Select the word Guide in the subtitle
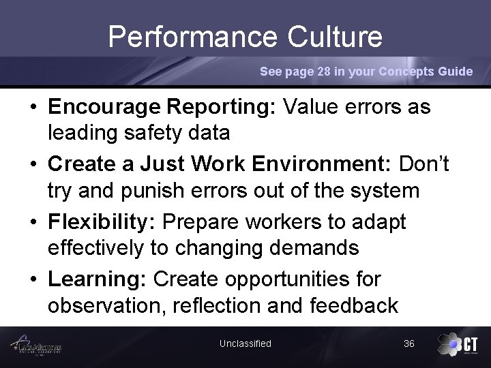click(x=456, y=72)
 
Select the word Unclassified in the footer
click(x=245, y=343)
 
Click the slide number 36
click(x=409, y=343)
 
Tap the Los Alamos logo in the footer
click(x=41, y=346)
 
